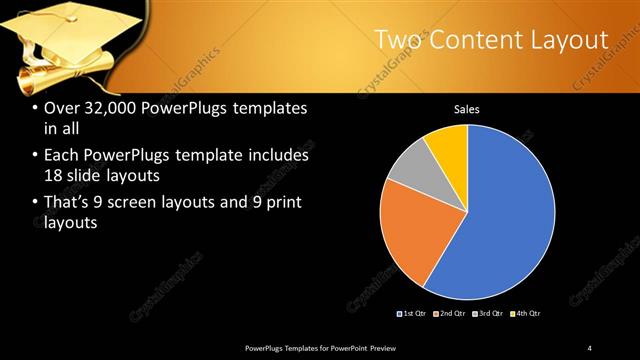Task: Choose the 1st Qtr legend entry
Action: point(412,314)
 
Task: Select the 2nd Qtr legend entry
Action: point(449,314)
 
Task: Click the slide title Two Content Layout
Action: point(491,40)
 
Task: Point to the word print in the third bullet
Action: point(282,203)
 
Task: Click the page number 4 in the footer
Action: point(590,347)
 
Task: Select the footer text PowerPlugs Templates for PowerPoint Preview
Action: point(327,347)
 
